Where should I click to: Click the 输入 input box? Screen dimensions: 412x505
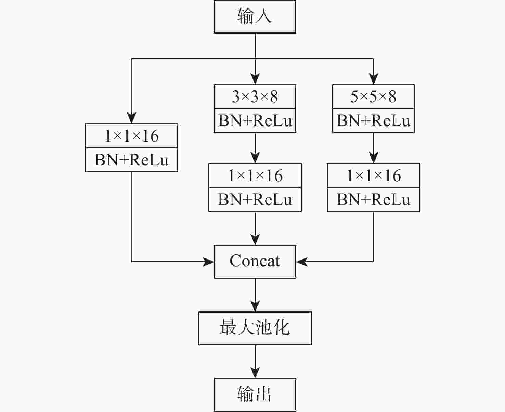point(255,17)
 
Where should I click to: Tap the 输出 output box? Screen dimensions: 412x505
point(255,395)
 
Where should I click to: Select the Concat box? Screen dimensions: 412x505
point(255,262)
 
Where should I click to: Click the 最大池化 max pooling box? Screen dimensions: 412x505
point(255,328)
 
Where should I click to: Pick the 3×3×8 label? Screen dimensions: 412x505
point(255,97)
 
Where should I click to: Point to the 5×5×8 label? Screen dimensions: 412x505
point(373,97)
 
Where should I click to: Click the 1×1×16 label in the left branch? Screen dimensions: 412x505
point(131,136)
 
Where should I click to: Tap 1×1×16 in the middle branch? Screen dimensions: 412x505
point(255,176)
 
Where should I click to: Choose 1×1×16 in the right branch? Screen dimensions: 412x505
point(373,176)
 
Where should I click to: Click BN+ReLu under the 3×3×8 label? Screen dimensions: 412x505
point(255,121)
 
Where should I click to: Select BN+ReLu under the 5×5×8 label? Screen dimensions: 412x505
point(373,121)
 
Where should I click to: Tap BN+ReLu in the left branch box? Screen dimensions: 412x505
point(131,160)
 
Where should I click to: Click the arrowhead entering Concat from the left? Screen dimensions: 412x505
point(208,262)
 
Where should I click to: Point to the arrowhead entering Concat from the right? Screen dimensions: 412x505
point(302,262)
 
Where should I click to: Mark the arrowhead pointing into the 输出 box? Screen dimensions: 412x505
point(255,373)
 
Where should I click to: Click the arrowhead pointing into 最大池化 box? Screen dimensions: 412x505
point(255,306)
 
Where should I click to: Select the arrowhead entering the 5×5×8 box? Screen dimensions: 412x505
point(373,79)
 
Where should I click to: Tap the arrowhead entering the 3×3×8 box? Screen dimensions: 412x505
point(255,79)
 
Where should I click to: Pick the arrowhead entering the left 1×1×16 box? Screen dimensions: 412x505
point(131,118)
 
